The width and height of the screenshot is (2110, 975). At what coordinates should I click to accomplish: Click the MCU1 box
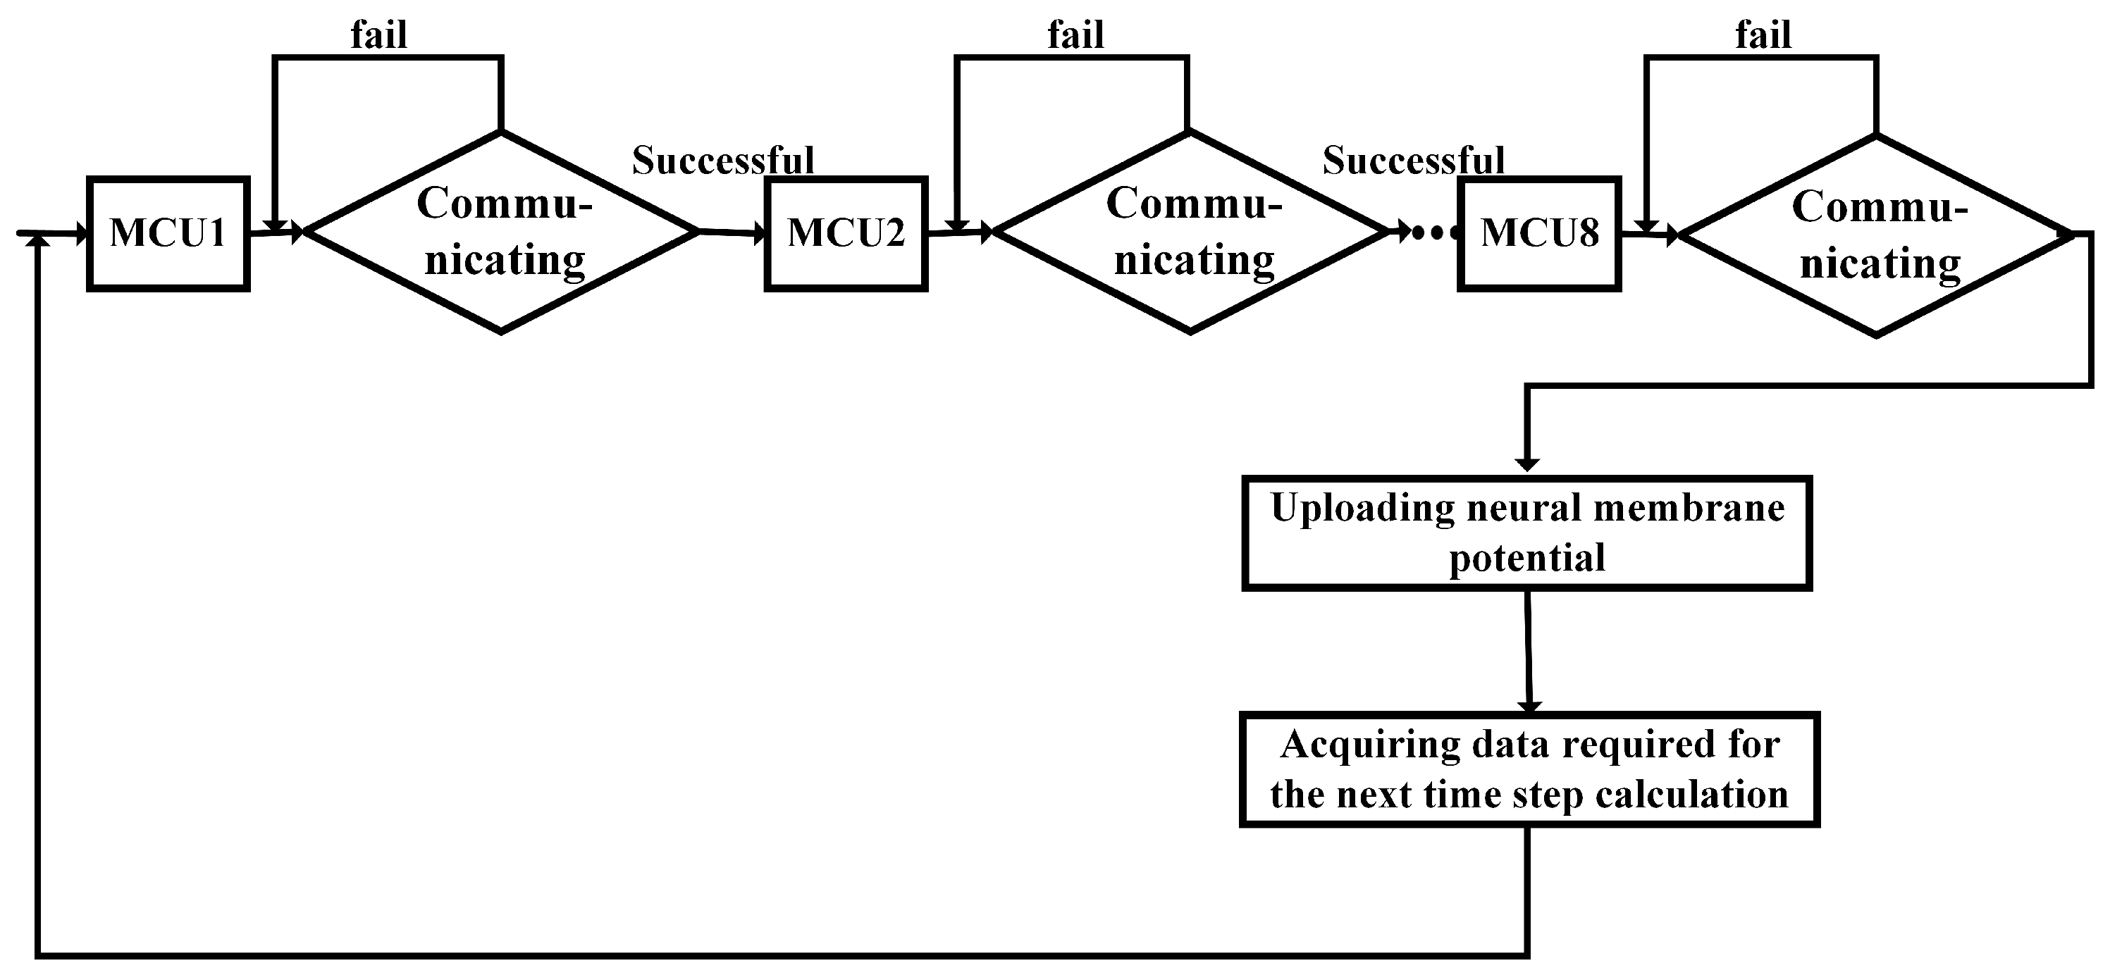[x=168, y=233]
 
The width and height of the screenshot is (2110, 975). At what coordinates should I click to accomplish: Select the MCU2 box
[x=845, y=233]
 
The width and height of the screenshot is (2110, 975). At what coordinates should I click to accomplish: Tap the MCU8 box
[x=1539, y=233]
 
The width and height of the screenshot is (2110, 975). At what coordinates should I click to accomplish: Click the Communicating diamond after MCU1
[x=501, y=232]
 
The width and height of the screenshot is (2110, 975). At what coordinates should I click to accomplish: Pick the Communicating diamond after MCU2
[x=1190, y=232]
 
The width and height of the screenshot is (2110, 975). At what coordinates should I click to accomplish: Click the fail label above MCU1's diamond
[x=379, y=35]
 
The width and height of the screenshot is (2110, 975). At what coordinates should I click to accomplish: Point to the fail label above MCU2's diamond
[x=1075, y=35]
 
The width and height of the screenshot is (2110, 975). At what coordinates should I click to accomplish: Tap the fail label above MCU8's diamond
[x=1763, y=35]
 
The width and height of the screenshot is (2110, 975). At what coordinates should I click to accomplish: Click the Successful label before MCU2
[x=723, y=161]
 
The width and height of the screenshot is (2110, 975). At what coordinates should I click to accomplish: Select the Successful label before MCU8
[x=1414, y=161]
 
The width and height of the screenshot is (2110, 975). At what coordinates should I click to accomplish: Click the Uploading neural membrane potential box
[x=1526, y=533]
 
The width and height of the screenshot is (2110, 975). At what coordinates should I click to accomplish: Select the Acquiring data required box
[x=1529, y=769]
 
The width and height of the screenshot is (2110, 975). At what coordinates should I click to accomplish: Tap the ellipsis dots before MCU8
[x=1435, y=234]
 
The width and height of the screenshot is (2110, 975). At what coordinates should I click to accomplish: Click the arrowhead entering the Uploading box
[x=1526, y=464]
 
